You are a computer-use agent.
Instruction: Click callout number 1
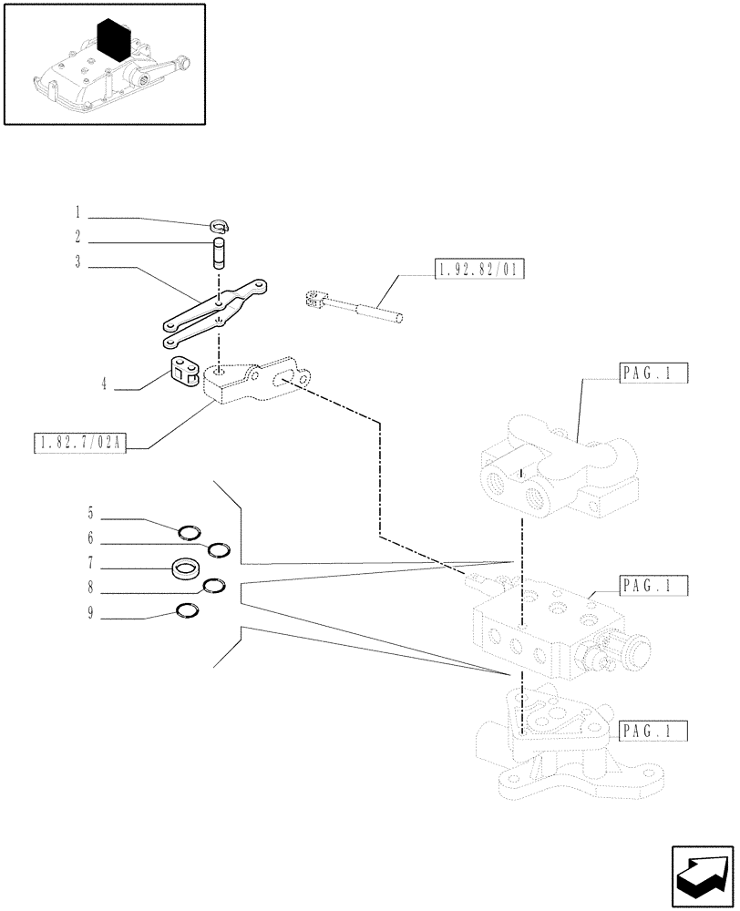(78, 214)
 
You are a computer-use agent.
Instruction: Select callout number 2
(78, 239)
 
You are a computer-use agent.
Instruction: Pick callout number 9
(90, 614)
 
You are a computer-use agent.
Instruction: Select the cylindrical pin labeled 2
(219, 252)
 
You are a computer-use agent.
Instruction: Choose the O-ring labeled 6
(219, 549)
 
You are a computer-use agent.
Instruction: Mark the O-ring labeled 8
(213, 586)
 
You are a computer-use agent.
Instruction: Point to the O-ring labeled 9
(186, 610)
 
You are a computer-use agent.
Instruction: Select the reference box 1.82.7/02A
(80, 444)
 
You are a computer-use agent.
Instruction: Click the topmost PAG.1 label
(653, 374)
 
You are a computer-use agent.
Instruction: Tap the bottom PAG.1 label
(653, 731)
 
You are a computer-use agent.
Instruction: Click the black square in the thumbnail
(115, 41)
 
